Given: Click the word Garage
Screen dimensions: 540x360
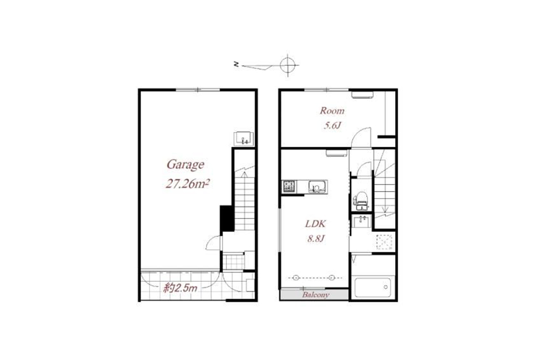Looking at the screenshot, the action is pos(185,165).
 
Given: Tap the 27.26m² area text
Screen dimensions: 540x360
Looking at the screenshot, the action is pos(187,184).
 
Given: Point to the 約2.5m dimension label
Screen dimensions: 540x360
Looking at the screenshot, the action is pos(180,288).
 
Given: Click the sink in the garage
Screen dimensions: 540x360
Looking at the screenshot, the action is pos(244,139).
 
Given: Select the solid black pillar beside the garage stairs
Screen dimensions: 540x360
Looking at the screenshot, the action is pos(227,219).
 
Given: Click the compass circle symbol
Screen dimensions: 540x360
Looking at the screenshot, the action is pos(288,65).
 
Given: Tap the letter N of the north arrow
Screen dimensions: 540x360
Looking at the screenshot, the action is pos(236,64).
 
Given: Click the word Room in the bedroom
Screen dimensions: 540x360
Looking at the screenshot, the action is pos(332,111).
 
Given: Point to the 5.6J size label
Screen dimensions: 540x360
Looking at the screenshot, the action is pos(332,125).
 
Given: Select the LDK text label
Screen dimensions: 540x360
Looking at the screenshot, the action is pos(315,223).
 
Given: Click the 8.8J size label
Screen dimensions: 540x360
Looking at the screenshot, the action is pos(316,238).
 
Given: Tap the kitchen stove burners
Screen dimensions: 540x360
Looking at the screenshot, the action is pos(288,187).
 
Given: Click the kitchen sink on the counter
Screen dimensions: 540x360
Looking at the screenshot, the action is pos(316,187).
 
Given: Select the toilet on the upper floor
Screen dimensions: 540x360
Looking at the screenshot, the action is pos(361,201).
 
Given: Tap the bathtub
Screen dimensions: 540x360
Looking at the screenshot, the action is pos(373,287).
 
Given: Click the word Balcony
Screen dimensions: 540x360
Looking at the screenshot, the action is pos(315,295).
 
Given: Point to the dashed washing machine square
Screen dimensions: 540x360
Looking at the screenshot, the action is pos(384,242).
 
